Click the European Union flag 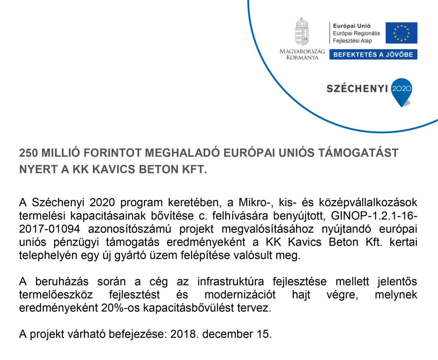pyautogui.click(x=401, y=33)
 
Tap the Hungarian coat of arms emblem pyautogui.click(x=302, y=32)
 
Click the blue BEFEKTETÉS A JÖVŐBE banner pyautogui.click(x=373, y=55)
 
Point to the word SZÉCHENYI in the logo pyautogui.click(x=357, y=88)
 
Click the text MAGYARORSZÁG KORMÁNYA pyautogui.click(x=302, y=54)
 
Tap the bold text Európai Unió pyautogui.click(x=347, y=26)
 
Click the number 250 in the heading pyautogui.click(x=28, y=153)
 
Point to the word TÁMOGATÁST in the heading pyautogui.click(x=358, y=153)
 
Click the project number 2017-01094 pyautogui.click(x=49, y=229)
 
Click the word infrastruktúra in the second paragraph pyautogui.click(x=230, y=282)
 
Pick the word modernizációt pyautogui.click(x=240, y=295)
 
